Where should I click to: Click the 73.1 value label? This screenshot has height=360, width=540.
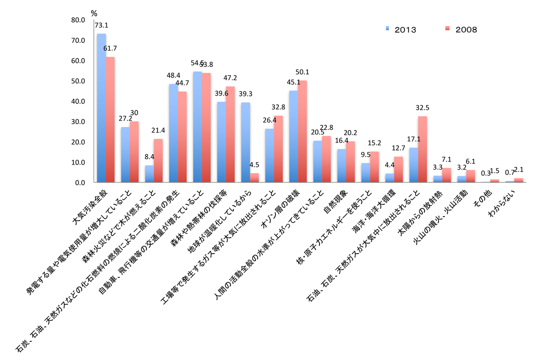[101, 24]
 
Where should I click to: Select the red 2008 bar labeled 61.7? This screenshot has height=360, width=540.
[110, 120]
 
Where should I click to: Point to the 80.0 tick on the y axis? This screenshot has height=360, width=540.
[78, 20]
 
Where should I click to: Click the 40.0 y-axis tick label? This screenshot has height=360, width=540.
[78, 101]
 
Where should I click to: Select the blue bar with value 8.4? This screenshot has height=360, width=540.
[149, 174]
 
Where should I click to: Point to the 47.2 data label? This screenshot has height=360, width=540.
[230, 78]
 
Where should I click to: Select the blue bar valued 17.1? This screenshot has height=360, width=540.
[413, 165]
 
